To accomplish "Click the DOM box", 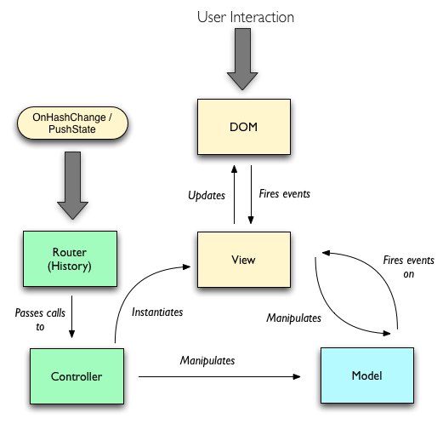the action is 244,127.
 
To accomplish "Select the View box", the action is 244,260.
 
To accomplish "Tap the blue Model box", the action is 367,375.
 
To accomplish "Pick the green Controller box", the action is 77,376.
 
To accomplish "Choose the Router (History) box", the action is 70,259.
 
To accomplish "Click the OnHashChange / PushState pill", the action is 72,123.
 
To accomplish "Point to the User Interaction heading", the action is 246,17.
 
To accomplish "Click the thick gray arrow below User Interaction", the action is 242,59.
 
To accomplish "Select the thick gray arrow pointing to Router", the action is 72,186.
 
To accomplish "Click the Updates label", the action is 207,196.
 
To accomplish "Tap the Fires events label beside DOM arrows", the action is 285,194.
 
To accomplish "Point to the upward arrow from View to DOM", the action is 234,194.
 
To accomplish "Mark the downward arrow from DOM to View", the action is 251,194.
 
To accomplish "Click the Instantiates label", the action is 157,312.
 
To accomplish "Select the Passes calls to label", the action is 40,319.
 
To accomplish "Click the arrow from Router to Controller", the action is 71,317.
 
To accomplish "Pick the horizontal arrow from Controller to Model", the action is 219,376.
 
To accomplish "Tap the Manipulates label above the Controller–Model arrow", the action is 207,361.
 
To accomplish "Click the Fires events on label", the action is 409,266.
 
